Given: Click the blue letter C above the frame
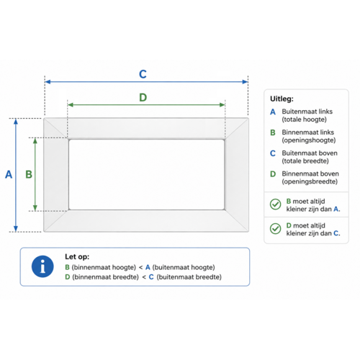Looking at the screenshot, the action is pyautogui.click(x=143, y=74).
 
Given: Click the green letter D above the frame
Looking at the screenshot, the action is pyautogui.click(x=143, y=97).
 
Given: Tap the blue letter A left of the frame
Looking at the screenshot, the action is pyautogui.click(x=9, y=174).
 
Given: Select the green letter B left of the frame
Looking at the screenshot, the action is pyautogui.click(x=29, y=174).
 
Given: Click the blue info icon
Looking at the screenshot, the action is pyautogui.click(x=42, y=266).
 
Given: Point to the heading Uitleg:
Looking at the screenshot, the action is pyautogui.click(x=282, y=99).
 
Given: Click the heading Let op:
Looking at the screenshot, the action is pyautogui.click(x=77, y=256).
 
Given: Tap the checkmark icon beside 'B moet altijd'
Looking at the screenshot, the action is pyautogui.click(x=276, y=204).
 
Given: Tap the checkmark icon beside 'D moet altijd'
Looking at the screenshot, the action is pyautogui.click(x=276, y=228).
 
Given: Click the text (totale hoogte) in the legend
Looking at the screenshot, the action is pyautogui.click(x=305, y=120).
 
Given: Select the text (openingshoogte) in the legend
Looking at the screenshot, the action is pyautogui.click(x=309, y=140).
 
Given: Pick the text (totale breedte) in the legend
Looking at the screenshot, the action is pyautogui.click(x=305, y=161).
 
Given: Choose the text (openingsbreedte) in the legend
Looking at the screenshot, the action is pyautogui.click(x=310, y=181).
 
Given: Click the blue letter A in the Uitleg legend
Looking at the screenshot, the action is pyautogui.click(x=273, y=112).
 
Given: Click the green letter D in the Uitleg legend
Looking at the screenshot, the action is pyautogui.click(x=273, y=174).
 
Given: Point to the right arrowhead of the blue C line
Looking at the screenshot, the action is pyautogui.click(x=245, y=82).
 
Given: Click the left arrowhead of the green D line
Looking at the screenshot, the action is pyautogui.click(x=71, y=105).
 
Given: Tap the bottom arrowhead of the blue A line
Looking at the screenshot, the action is pyautogui.click(x=16, y=229).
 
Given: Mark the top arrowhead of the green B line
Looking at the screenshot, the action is pyautogui.click(x=35, y=141).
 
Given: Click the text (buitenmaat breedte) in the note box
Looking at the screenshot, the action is pyautogui.click(x=189, y=277).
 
